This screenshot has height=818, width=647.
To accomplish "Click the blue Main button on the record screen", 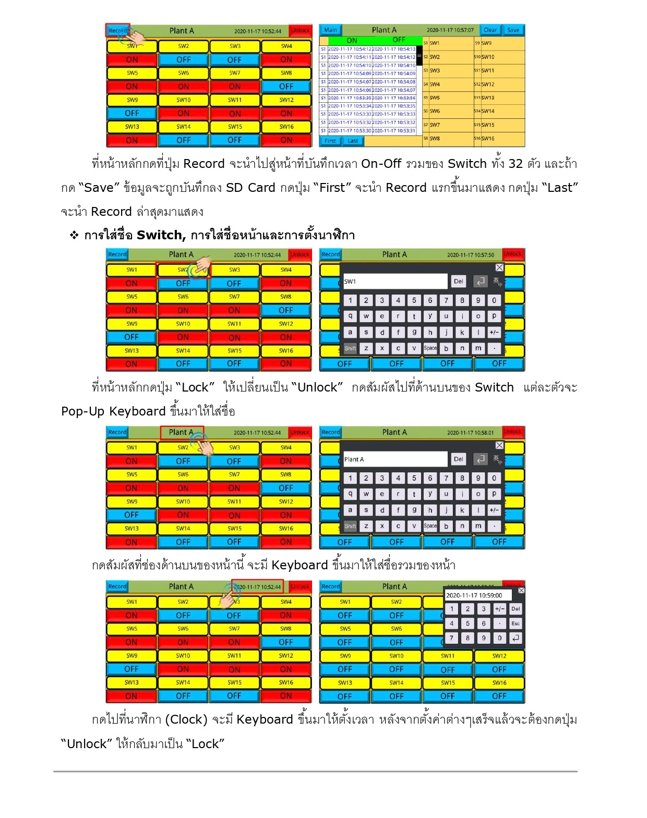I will pos(330,30).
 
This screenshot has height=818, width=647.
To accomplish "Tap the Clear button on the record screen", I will pos(490,30).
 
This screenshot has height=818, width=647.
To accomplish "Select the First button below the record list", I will pos(330,141).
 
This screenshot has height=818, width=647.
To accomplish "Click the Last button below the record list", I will pos(353,141).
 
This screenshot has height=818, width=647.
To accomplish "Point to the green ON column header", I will pos(352,40).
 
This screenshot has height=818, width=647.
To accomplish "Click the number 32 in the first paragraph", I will pos(515,164).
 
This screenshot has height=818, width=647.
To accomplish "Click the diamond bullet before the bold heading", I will pos(74,235).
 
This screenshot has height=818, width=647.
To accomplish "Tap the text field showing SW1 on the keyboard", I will pos(395,282).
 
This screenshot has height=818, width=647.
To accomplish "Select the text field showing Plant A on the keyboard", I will pos(395,459).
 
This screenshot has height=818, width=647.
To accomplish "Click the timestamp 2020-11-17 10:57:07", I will pos(450,30).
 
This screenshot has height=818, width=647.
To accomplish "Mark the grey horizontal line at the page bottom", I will pos(315,771).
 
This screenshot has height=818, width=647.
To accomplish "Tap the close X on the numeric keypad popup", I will pos(521,590).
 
